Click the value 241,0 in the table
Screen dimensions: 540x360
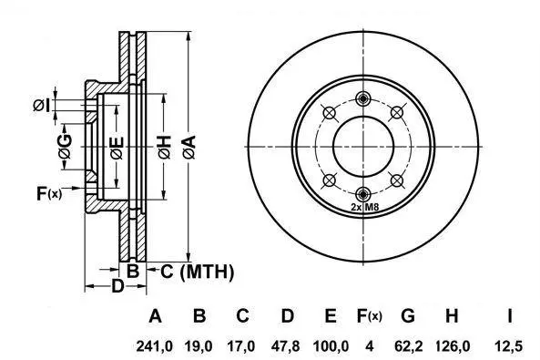coord(154,345)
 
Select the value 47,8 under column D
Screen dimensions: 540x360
coord(285,345)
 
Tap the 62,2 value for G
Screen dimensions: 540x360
coord(408,345)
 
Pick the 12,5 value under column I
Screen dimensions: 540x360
coord(509,345)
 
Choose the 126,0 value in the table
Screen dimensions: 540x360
coord(453,345)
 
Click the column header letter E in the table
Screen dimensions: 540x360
coord(331,315)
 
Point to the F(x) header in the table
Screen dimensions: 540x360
coord(369,316)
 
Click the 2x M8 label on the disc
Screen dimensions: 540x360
coord(365,207)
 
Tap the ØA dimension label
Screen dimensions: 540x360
coord(189,148)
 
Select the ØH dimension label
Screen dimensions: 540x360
coord(165,148)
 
